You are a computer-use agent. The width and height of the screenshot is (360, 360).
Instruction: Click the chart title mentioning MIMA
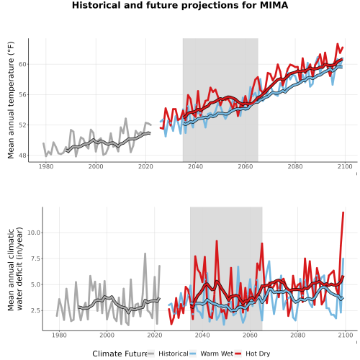[180, 5]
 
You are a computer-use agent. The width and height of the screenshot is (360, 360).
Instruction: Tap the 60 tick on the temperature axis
[23, 64]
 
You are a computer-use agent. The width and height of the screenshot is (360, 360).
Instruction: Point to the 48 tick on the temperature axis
[23, 156]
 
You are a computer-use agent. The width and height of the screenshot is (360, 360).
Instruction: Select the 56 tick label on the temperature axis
[23, 95]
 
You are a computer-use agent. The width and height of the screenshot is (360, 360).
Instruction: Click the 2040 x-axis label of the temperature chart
[195, 166]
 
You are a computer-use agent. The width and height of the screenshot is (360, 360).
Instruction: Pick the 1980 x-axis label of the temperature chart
[46, 166]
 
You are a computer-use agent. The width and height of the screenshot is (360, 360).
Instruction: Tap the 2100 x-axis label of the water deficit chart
[346, 335]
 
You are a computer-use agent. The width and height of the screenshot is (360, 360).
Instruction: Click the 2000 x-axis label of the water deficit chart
[107, 335]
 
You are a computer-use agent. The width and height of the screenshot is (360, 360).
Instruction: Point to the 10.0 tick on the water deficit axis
[34, 233]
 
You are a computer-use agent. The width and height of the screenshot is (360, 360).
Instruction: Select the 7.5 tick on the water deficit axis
[35, 258]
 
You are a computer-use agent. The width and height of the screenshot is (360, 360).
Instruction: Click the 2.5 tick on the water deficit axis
[35, 310]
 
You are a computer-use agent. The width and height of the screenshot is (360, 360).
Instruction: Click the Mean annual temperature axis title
[11, 100]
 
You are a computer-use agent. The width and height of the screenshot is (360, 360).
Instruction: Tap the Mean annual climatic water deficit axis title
[15, 269]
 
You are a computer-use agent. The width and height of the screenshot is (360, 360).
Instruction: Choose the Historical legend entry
[168, 354]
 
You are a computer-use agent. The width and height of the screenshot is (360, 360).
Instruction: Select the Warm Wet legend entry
[212, 354]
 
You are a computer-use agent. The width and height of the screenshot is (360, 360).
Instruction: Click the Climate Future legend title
[120, 354]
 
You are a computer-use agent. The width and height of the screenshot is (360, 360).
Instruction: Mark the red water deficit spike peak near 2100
[343, 212]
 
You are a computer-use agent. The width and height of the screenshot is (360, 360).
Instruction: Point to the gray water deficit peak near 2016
[145, 253]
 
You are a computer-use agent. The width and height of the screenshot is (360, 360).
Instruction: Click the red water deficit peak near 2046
[217, 240]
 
